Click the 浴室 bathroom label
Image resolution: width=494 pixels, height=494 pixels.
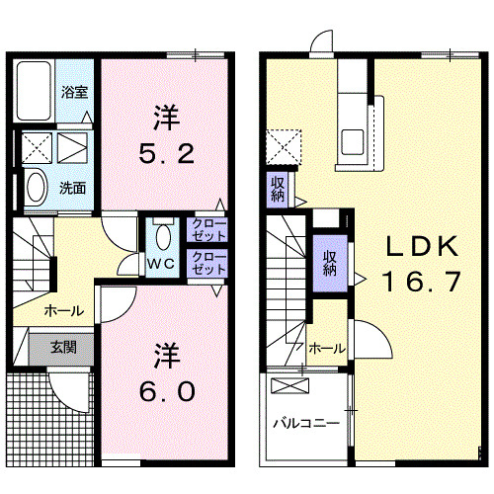click(74, 92)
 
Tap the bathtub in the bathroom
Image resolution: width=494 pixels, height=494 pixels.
click(34, 91)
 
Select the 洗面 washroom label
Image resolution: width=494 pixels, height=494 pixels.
click(72, 188)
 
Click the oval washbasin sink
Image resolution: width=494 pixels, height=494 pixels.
click(37, 187)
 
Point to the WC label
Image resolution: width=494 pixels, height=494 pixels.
click(161, 264)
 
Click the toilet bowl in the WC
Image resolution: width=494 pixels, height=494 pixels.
click(163, 237)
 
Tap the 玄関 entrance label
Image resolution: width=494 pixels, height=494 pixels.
click(64, 348)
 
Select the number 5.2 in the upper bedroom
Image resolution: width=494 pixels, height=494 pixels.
click(166, 154)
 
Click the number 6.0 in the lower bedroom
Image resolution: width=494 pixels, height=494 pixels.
click(167, 392)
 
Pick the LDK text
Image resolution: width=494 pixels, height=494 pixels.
click(422, 246)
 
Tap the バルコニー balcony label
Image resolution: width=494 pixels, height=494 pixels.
click(305, 423)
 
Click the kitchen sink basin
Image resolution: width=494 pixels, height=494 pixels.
click(353, 142)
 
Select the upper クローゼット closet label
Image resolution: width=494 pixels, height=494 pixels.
click(208, 230)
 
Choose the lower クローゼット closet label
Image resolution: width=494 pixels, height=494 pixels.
click(208, 263)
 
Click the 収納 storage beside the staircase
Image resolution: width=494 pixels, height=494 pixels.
click(330, 264)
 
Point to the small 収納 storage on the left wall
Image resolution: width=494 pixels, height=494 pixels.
click(278, 190)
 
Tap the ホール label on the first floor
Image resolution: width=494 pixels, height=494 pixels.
click(64, 310)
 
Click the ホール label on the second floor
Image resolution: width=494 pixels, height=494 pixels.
click(327, 348)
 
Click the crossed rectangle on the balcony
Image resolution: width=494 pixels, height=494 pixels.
click(290, 385)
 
